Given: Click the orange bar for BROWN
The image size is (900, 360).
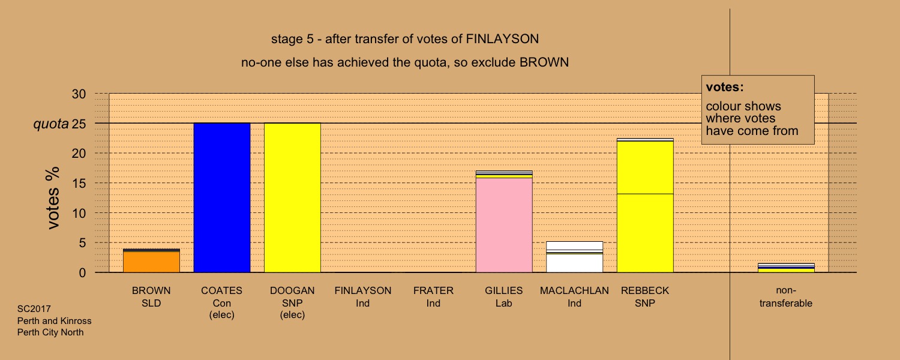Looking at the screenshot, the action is coord(151,261).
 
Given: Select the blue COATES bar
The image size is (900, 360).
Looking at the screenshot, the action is coord(222,197).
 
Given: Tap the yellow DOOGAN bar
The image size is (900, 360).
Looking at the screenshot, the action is coord(293,197).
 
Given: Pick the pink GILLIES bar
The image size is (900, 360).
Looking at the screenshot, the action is coord(504,222).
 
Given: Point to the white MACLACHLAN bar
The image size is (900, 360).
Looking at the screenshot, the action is coord(575,257).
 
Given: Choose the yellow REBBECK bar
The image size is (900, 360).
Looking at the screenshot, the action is coord(645,206).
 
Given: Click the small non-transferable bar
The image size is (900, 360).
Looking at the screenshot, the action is coord(786,268).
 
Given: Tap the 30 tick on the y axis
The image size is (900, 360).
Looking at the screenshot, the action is coord(79,94).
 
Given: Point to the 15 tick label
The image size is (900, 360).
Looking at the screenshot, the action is coord(79,183).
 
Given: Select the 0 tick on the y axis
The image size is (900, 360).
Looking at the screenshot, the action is coord(82,273).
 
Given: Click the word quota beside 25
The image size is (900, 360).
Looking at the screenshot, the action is coord(51,124).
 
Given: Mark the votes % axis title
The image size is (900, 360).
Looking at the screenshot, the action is coord(53,198).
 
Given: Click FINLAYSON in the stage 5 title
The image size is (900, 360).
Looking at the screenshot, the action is coord(502,39).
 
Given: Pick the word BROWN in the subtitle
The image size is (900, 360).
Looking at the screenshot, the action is coord(544,62).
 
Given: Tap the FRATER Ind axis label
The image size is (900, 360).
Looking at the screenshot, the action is coord(434,297).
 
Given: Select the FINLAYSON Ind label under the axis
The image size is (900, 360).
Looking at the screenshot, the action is coord(363,297).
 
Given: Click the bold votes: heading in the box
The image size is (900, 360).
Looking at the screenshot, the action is coord(725,87).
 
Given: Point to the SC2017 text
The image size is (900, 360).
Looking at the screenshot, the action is coord(34,309).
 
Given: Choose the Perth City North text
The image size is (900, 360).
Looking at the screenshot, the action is coord(50,332).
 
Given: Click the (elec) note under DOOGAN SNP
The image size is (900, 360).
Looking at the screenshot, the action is coord(293,314).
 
